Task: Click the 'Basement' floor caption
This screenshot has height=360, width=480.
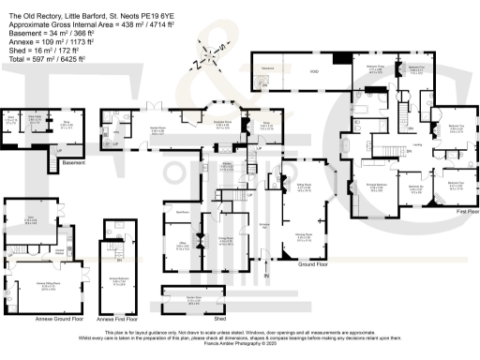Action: [x=73, y=163]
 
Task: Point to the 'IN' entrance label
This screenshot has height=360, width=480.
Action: [x=265, y=276]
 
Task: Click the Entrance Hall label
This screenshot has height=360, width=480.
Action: [x=264, y=226]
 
